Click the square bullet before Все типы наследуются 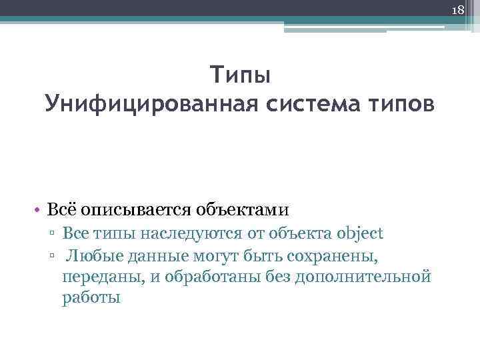click(53, 234)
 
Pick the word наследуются click(195, 233)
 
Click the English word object click(360, 233)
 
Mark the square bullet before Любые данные click(53, 255)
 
